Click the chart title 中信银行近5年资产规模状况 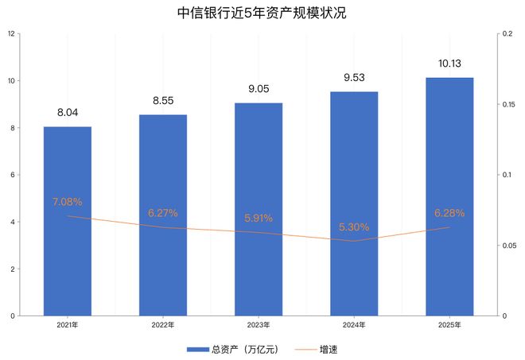(x=262, y=14)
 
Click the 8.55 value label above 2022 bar (x=163, y=101)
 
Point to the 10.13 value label (x=449, y=64)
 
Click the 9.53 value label (x=354, y=78)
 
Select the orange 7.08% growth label (x=68, y=202)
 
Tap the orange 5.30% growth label (x=354, y=227)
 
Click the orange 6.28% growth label (x=449, y=213)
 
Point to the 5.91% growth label (x=259, y=217)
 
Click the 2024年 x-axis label (x=354, y=325)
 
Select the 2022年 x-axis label (x=163, y=325)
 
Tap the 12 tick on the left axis (x=10, y=34)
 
